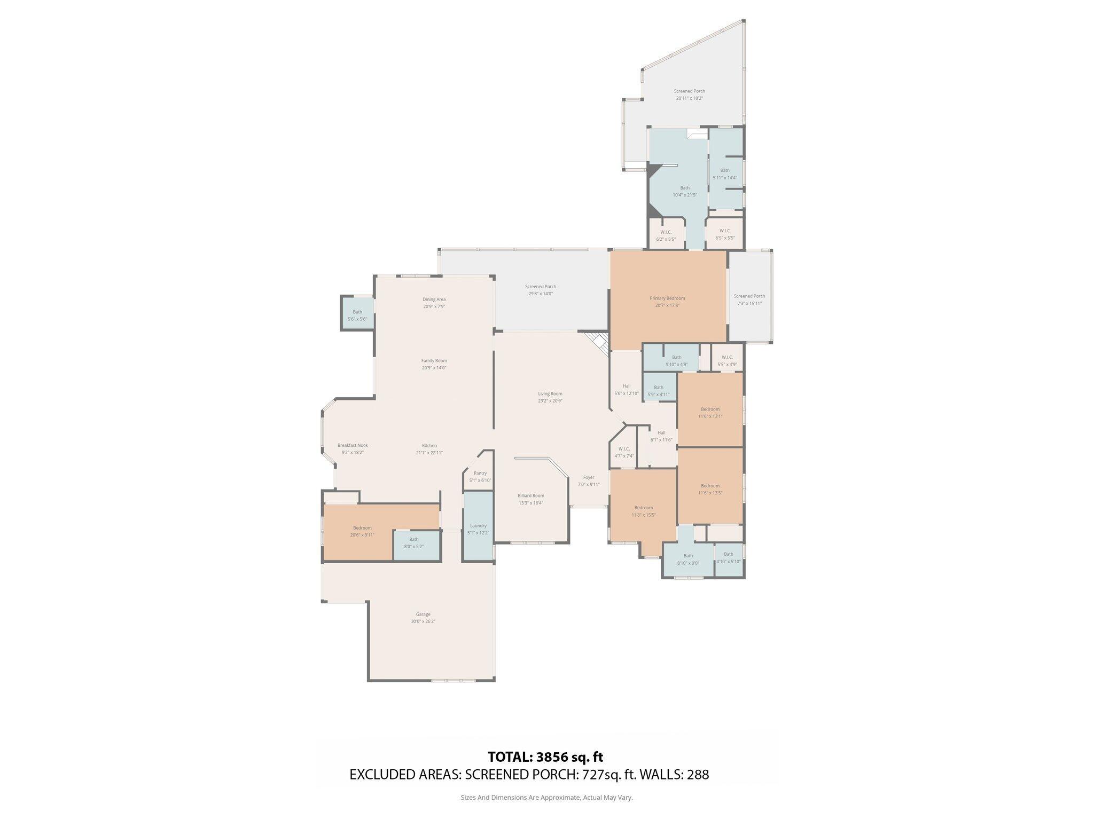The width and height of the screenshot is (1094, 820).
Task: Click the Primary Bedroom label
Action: click(x=667, y=298)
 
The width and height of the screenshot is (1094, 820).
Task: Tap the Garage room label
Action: click(x=423, y=614)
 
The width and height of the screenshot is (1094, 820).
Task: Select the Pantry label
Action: click(x=480, y=473)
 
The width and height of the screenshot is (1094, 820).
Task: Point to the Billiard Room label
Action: click(x=530, y=495)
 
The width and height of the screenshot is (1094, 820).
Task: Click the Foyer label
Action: click(x=588, y=477)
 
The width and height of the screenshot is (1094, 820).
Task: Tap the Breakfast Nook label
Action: click(x=353, y=445)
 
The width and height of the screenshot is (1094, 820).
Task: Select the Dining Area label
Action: click(x=434, y=299)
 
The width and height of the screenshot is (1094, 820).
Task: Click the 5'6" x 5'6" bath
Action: click(x=357, y=316)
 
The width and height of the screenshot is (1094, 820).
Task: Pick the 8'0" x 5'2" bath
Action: click(x=413, y=543)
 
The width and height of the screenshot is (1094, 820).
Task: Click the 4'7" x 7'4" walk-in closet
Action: click(x=623, y=452)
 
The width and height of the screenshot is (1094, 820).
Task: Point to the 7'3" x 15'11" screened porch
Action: click(x=749, y=299)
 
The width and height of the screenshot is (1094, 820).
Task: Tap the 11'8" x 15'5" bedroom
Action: click(x=643, y=511)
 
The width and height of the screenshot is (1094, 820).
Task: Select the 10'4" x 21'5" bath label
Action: click(x=684, y=188)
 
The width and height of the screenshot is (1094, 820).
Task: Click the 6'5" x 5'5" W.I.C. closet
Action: click(x=724, y=234)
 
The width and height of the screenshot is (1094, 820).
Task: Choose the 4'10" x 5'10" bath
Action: click(x=728, y=557)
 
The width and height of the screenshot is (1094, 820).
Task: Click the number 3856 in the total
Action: click(x=554, y=757)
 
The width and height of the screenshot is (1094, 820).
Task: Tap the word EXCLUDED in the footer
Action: click(x=378, y=775)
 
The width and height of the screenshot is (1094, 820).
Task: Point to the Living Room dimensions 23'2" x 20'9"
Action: click(x=550, y=400)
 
